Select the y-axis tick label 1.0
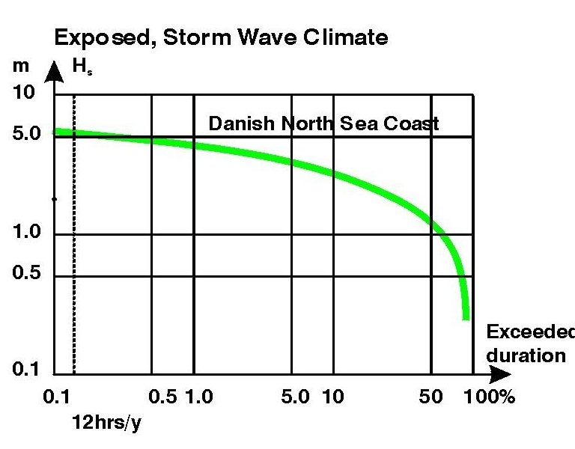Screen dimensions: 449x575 click(28, 233)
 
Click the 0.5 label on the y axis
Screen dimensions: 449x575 click(28, 275)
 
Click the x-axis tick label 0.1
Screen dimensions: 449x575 click(56, 397)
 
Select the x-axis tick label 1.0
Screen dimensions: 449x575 click(199, 397)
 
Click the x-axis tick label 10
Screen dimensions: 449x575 click(332, 397)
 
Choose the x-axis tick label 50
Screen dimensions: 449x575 click(431, 397)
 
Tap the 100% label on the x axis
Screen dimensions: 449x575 click(490, 397)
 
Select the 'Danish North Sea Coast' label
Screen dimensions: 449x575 click(323, 123)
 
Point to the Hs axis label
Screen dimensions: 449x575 click(79, 66)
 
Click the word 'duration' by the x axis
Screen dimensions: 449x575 click(526, 355)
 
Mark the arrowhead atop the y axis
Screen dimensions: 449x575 click(54, 71)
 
